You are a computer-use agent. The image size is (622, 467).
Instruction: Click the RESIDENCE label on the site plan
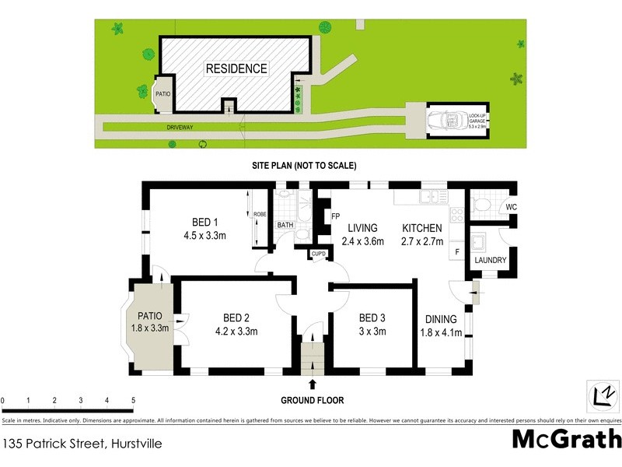point(236,68)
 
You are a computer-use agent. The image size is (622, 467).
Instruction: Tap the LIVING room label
point(362,228)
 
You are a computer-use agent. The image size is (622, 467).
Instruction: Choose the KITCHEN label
point(421,228)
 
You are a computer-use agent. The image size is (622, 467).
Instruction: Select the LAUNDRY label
point(491,260)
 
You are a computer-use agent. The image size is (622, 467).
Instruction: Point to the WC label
point(510,207)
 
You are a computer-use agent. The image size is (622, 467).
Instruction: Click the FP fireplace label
point(336,216)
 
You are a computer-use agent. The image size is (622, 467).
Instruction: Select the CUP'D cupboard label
point(317,255)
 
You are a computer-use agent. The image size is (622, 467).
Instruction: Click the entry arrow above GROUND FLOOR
point(313,384)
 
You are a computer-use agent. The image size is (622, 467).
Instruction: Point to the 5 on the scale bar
point(133,400)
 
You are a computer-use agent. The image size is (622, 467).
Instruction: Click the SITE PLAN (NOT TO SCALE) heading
point(303,166)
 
